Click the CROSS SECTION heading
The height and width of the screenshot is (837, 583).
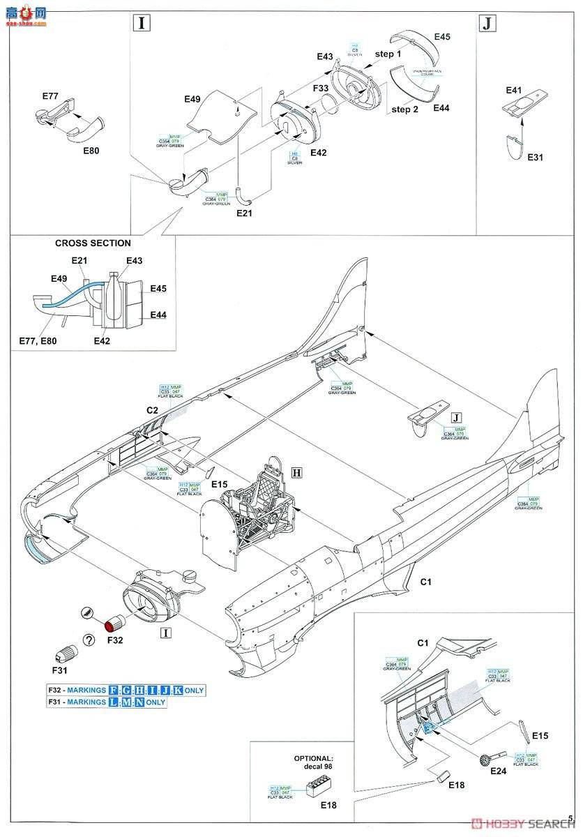click(93, 243)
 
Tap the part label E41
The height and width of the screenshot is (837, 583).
click(514, 90)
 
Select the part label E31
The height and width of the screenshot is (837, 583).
click(535, 158)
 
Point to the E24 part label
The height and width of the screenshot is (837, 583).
click(498, 771)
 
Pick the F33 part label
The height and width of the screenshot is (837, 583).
click(321, 89)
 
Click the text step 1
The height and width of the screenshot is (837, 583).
click(388, 54)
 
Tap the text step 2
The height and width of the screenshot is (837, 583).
click(405, 110)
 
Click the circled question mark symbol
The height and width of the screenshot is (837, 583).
click(89, 639)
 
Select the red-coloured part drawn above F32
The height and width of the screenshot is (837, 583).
click(114, 619)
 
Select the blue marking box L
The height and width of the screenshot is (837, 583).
click(114, 702)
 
